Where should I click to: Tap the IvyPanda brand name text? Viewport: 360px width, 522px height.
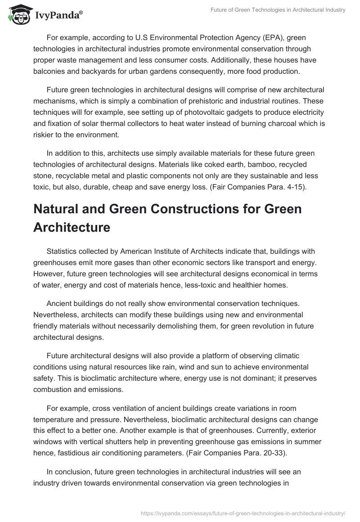pos(58,16)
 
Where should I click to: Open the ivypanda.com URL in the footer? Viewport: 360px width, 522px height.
pos(243,513)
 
